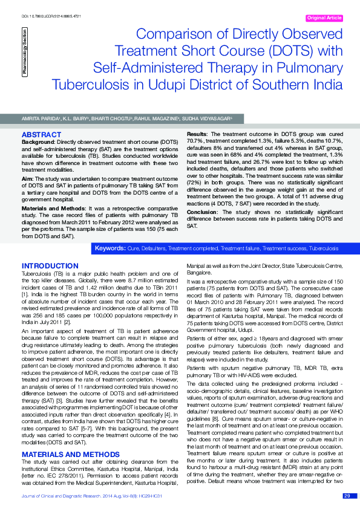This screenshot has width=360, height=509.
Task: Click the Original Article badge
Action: coord(326,18)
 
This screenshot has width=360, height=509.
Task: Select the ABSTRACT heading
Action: coord(41,134)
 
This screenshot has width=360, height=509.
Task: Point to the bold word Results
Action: coord(197,133)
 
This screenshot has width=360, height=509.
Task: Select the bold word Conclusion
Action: coord(202,212)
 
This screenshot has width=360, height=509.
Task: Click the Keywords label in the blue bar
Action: coord(110,248)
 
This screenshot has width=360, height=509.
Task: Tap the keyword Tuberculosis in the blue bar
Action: coord(323,248)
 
